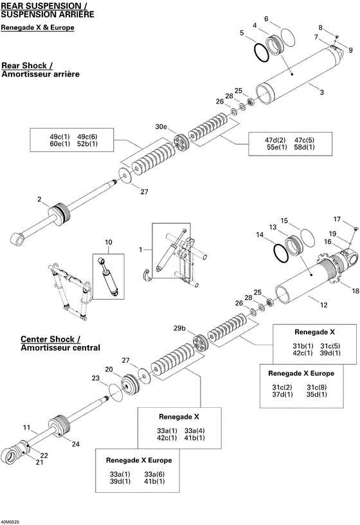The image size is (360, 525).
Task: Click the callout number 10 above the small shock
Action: click(109, 243)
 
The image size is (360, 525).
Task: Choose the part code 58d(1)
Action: click(305, 148)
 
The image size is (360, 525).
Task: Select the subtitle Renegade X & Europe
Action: click(37, 28)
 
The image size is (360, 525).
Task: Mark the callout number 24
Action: click(75, 444)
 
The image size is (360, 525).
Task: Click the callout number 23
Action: click(96, 378)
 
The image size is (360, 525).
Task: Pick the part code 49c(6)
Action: click(87, 137)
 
